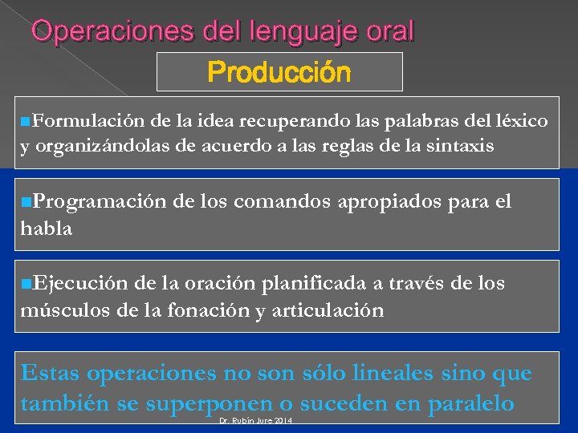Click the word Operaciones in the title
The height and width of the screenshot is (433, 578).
coord(98,32)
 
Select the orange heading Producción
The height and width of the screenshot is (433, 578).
coord(279,73)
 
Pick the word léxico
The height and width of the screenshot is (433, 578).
coord(522,121)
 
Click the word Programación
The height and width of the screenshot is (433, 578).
coord(91,202)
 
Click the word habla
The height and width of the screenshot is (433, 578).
coord(47,229)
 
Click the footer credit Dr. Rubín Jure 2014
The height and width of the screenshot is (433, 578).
coord(255,422)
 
